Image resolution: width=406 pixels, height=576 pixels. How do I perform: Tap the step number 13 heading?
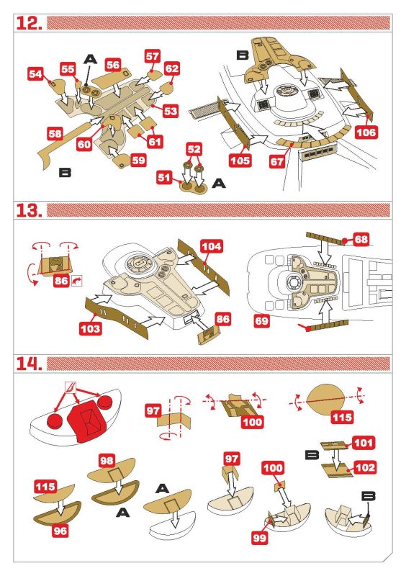[30, 210]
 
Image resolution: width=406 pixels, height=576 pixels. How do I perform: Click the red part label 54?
[36, 73]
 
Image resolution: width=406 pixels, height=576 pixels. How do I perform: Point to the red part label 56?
[112, 64]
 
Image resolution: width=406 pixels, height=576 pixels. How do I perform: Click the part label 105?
[241, 160]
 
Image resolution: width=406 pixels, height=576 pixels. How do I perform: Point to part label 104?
[212, 246]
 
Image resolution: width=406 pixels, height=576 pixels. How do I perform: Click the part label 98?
[108, 459]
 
